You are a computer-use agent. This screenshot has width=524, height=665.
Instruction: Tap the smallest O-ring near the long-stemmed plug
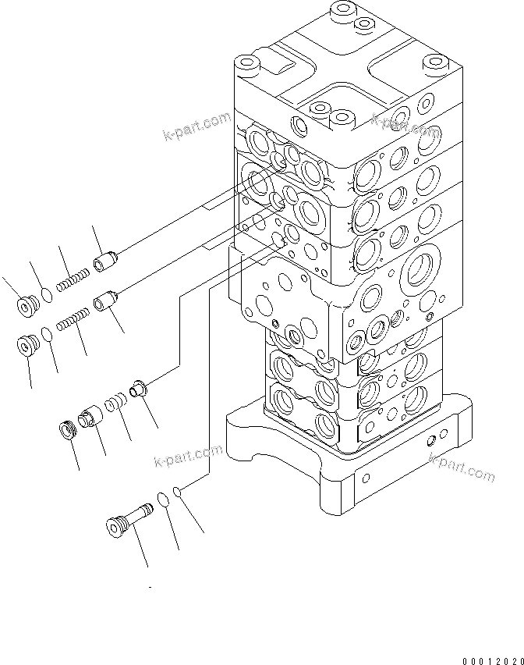[x=179, y=492]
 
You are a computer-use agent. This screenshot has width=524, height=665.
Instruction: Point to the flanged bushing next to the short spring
[x=139, y=387]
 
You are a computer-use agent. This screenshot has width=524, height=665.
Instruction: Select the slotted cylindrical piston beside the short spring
[x=90, y=415]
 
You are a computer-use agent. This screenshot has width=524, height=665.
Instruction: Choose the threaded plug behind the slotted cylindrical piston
[x=68, y=429]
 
